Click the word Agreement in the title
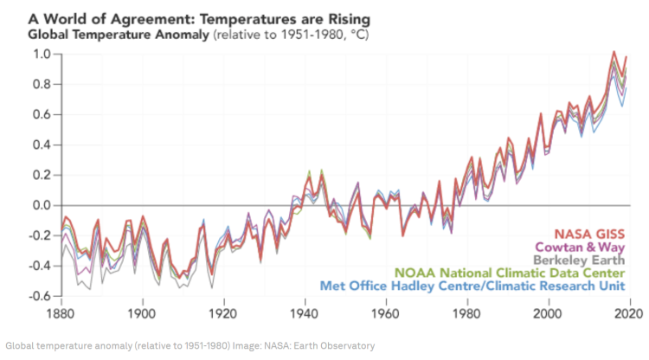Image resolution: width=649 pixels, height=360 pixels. [x=155, y=17]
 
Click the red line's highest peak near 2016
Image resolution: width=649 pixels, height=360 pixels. [x=614, y=53]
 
